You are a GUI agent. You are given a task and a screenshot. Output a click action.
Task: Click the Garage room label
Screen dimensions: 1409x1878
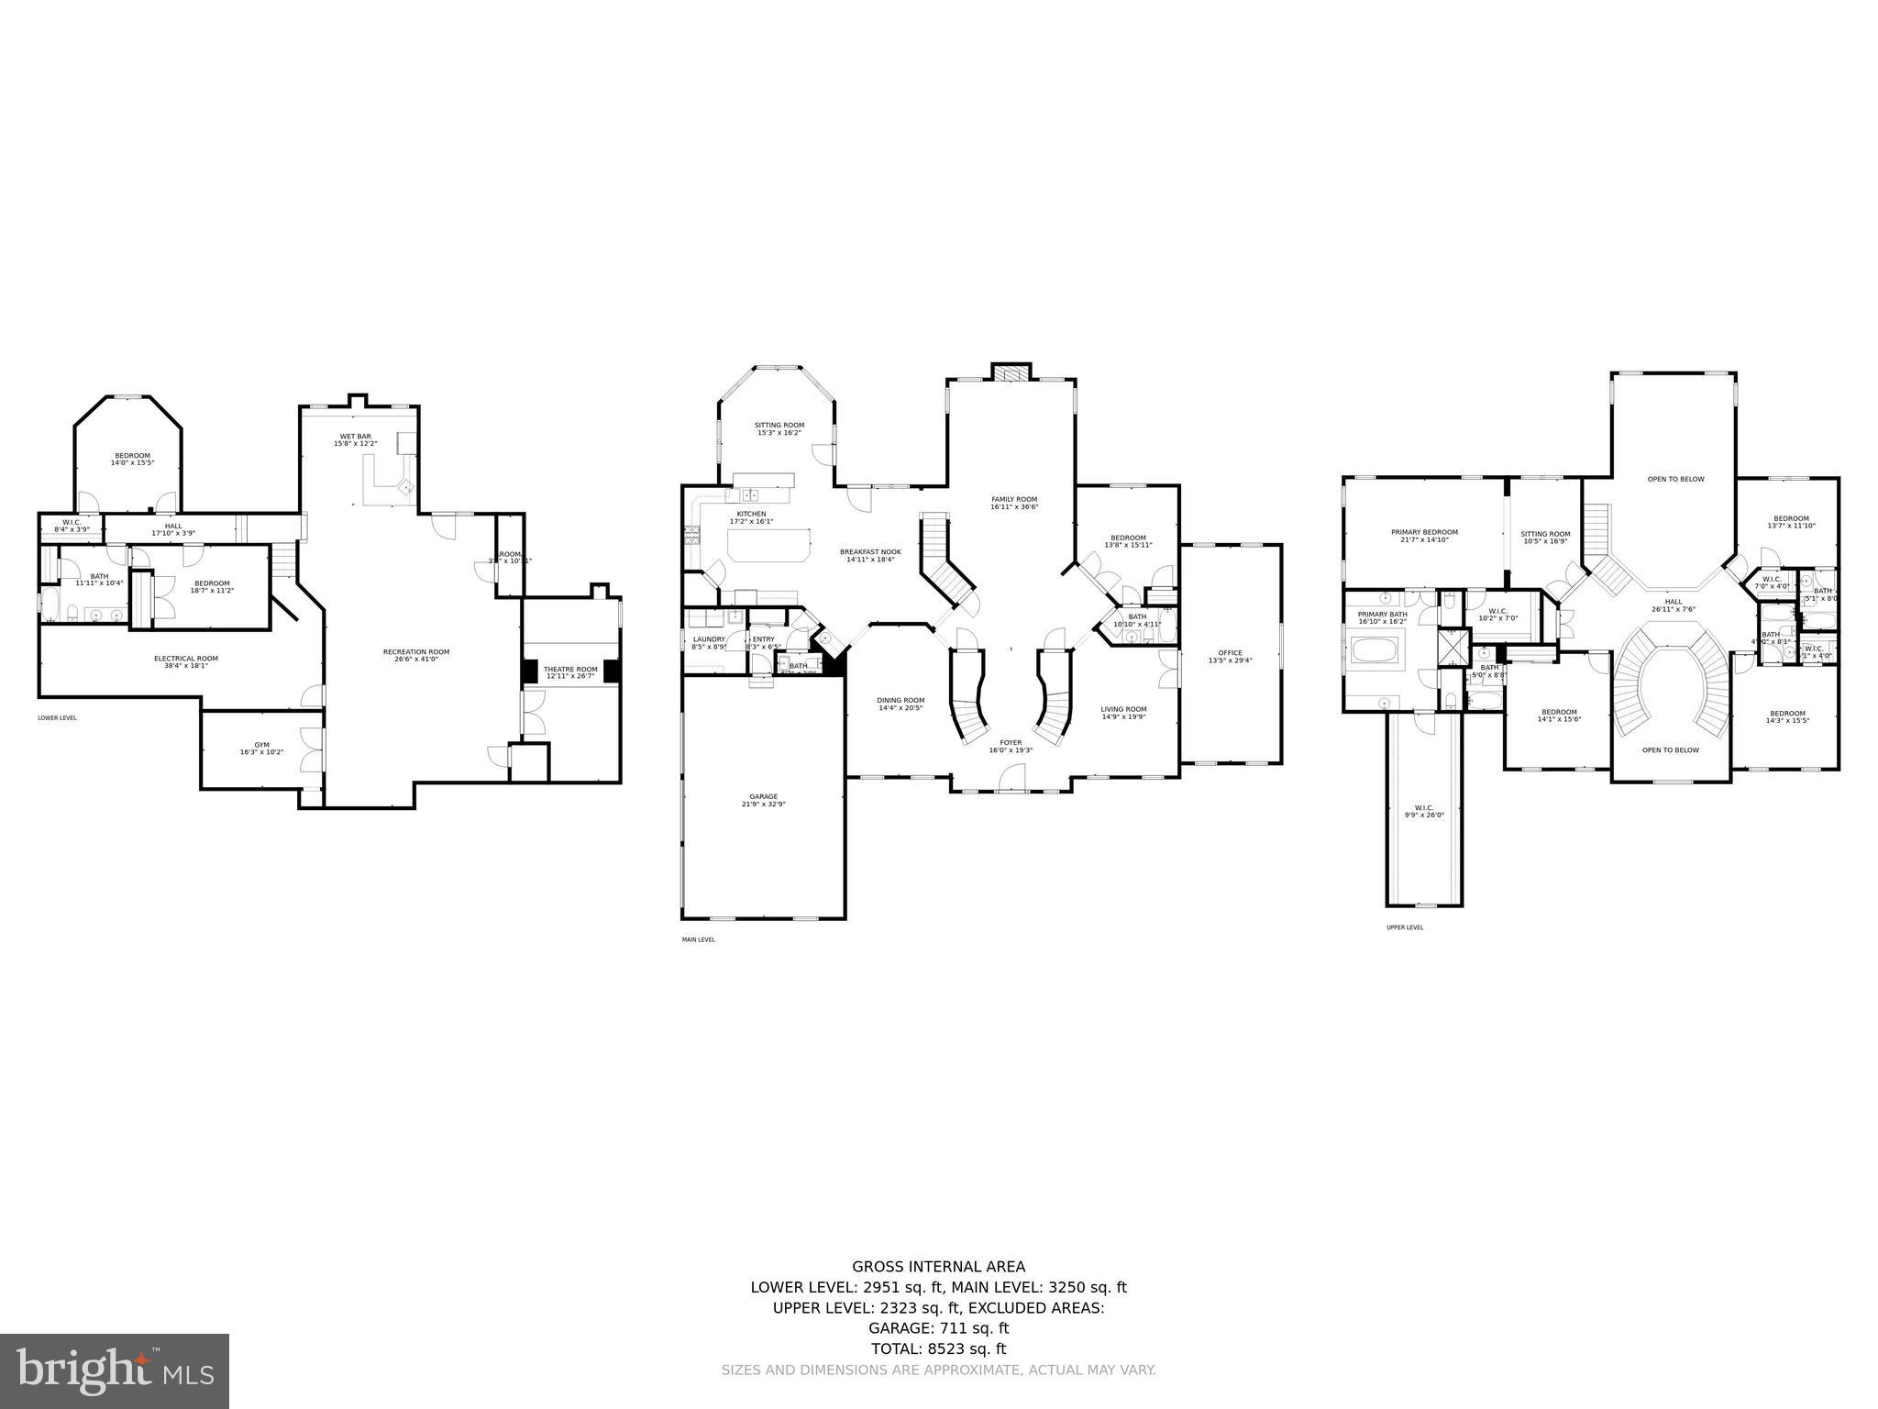point(763,800)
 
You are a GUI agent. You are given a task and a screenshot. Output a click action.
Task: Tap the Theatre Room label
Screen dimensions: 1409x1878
point(570,672)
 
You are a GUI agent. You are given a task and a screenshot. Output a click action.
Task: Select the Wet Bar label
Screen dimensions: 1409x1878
point(355,439)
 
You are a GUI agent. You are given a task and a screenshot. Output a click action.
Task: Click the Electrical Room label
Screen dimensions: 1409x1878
point(185,661)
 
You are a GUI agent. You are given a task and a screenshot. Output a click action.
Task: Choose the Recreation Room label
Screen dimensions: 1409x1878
point(416,655)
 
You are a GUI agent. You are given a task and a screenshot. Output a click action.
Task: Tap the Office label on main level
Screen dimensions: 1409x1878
point(1230,656)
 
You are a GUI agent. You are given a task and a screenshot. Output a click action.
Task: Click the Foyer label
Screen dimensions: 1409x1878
point(1011,746)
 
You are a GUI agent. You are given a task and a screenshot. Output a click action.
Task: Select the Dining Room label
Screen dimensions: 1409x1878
point(901,704)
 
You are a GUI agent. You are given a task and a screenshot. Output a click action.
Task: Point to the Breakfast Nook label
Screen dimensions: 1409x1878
point(870,555)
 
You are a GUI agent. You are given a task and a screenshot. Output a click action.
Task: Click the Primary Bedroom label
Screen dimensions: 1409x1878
point(1424,536)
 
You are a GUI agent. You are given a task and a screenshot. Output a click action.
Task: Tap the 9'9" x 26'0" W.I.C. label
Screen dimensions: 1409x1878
point(1423,812)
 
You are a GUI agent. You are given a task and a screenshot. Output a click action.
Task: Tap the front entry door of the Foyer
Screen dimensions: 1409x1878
point(1011,780)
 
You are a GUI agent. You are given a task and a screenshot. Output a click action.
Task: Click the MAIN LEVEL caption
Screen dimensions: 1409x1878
point(698,939)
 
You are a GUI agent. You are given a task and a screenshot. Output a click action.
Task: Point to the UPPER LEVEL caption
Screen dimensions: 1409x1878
point(1405,927)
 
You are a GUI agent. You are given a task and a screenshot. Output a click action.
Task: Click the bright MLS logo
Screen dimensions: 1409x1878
point(115,1370)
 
